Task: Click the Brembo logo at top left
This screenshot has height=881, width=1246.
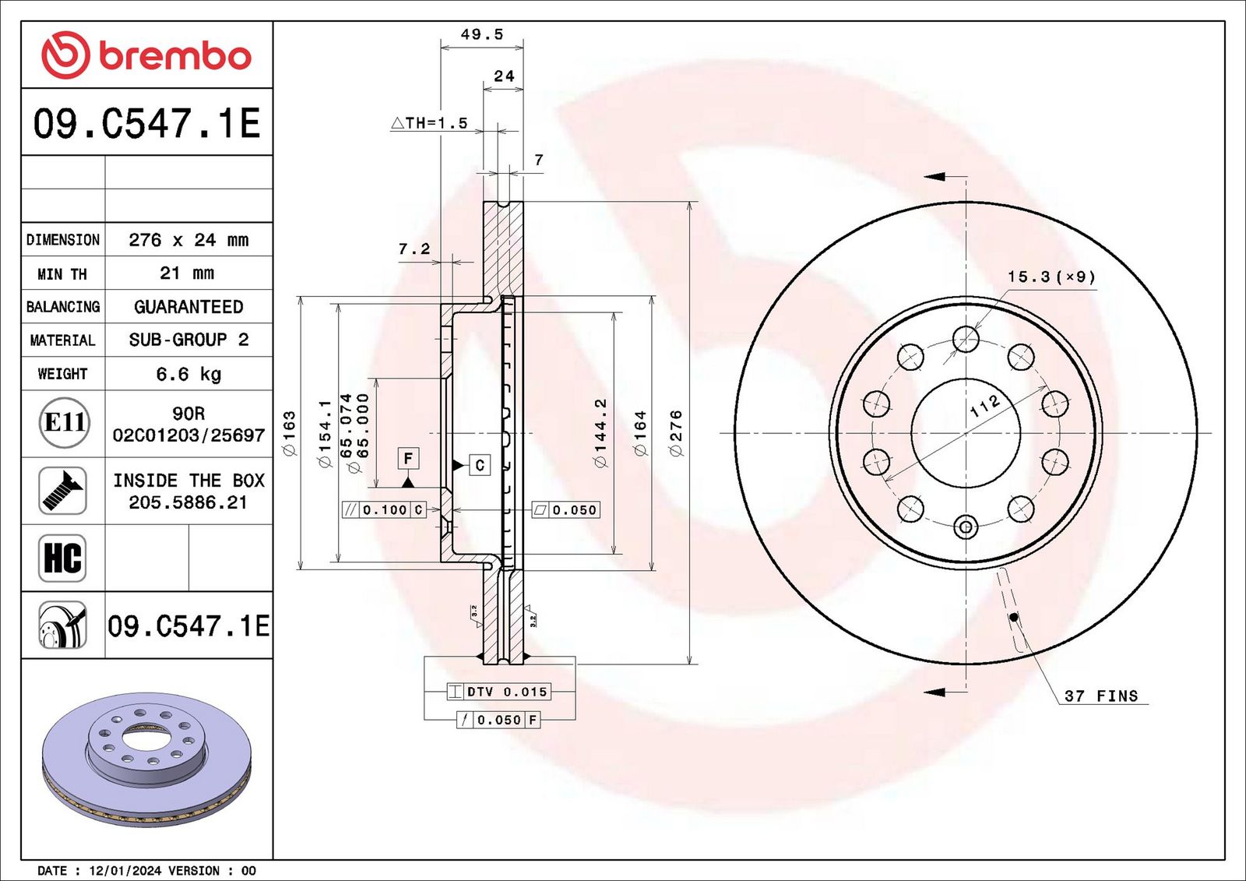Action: click(x=146, y=55)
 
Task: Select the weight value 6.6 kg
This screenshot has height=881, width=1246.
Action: click(x=188, y=374)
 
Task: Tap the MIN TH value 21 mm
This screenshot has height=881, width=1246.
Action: click(x=187, y=273)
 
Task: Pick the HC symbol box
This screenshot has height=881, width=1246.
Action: click(x=62, y=559)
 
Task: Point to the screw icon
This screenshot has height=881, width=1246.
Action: click(x=62, y=490)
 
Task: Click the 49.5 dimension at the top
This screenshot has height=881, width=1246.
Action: click(x=482, y=34)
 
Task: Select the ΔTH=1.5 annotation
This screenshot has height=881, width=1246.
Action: click(x=429, y=123)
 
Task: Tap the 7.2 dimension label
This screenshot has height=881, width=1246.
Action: click(x=414, y=248)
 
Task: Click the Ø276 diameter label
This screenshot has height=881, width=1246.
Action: click(x=676, y=434)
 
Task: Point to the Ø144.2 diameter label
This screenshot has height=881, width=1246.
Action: click(x=600, y=433)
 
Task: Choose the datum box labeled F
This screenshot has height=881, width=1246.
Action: click(x=408, y=459)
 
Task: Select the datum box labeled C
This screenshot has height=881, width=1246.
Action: click(x=480, y=465)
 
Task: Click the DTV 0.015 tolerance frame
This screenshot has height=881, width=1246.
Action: click(x=499, y=692)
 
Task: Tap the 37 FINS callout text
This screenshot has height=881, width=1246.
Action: click(x=1101, y=696)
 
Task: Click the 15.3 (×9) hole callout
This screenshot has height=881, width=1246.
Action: click(x=1052, y=277)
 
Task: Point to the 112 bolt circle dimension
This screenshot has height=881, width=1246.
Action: click(x=984, y=406)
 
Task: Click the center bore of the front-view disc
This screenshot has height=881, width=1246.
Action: click(x=966, y=433)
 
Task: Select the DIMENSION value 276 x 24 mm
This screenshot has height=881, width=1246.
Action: click(x=188, y=240)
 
